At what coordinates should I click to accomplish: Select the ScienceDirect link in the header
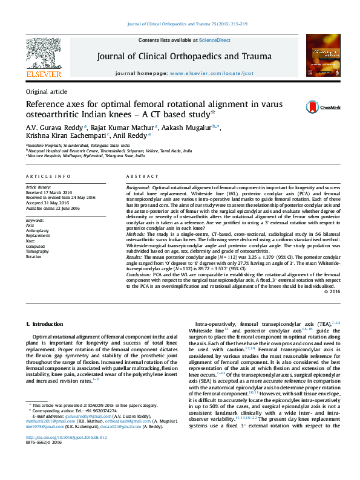215,40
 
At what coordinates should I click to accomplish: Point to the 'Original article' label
46,91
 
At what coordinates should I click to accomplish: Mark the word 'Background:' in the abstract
139,187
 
